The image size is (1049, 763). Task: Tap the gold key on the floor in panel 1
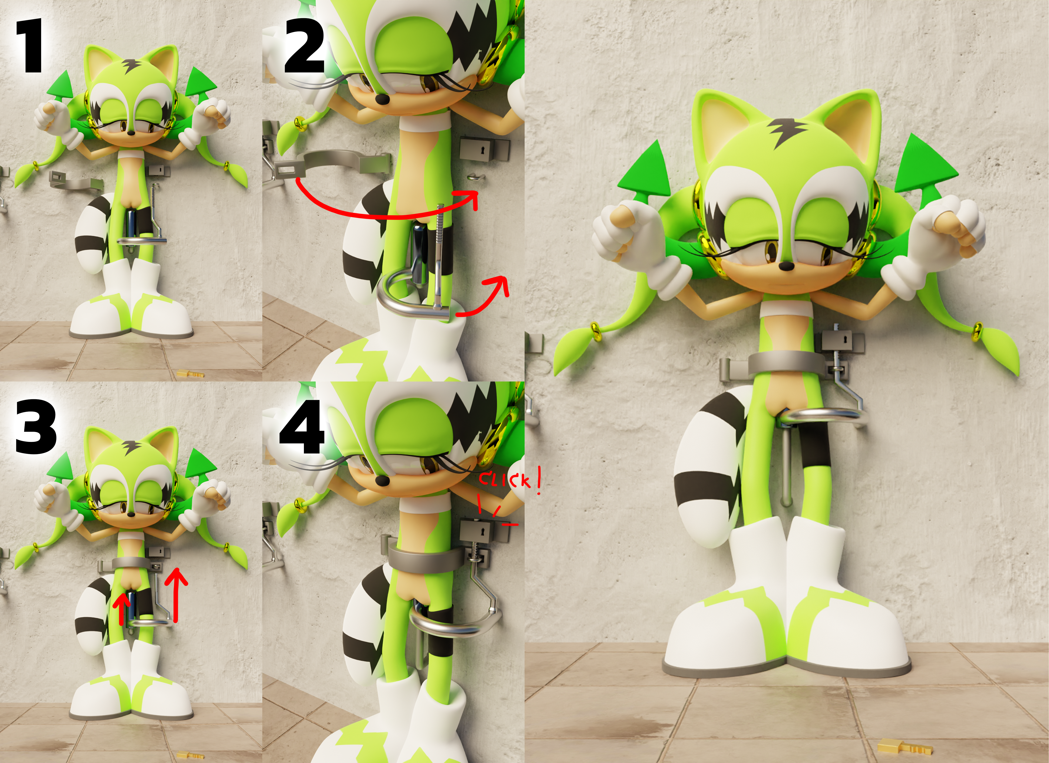190,374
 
